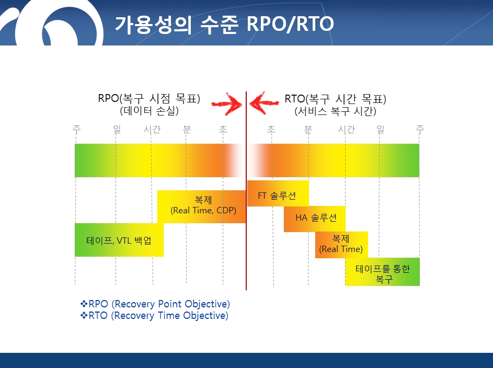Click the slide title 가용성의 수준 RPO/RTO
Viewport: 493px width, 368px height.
coord(224,24)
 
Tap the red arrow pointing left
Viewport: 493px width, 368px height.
coord(264,103)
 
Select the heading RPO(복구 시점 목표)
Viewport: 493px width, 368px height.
coord(149,98)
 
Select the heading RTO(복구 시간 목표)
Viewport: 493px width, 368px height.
coord(335,99)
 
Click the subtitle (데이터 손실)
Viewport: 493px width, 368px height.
coord(149,111)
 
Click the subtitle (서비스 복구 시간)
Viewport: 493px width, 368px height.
coord(335,111)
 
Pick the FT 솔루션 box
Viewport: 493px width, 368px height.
coord(278,193)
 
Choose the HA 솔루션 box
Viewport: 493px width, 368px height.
coord(314,219)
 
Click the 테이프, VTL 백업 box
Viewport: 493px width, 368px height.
coord(119,240)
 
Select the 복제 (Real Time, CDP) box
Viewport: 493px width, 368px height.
coord(201,206)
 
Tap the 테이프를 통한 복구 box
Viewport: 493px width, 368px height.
coord(382,272)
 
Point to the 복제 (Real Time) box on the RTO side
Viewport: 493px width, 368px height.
coord(341,245)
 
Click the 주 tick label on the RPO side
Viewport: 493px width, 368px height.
coord(76,129)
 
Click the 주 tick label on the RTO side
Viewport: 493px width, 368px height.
coord(420,129)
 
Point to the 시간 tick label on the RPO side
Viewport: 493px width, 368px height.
coord(152,129)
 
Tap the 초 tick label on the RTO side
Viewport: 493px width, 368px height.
coord(271,129)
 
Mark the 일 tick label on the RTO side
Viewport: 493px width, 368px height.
coord(381,129)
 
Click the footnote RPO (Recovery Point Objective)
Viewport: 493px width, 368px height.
coord(155,304)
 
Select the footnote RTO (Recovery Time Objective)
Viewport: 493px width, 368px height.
coord(154,316)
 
